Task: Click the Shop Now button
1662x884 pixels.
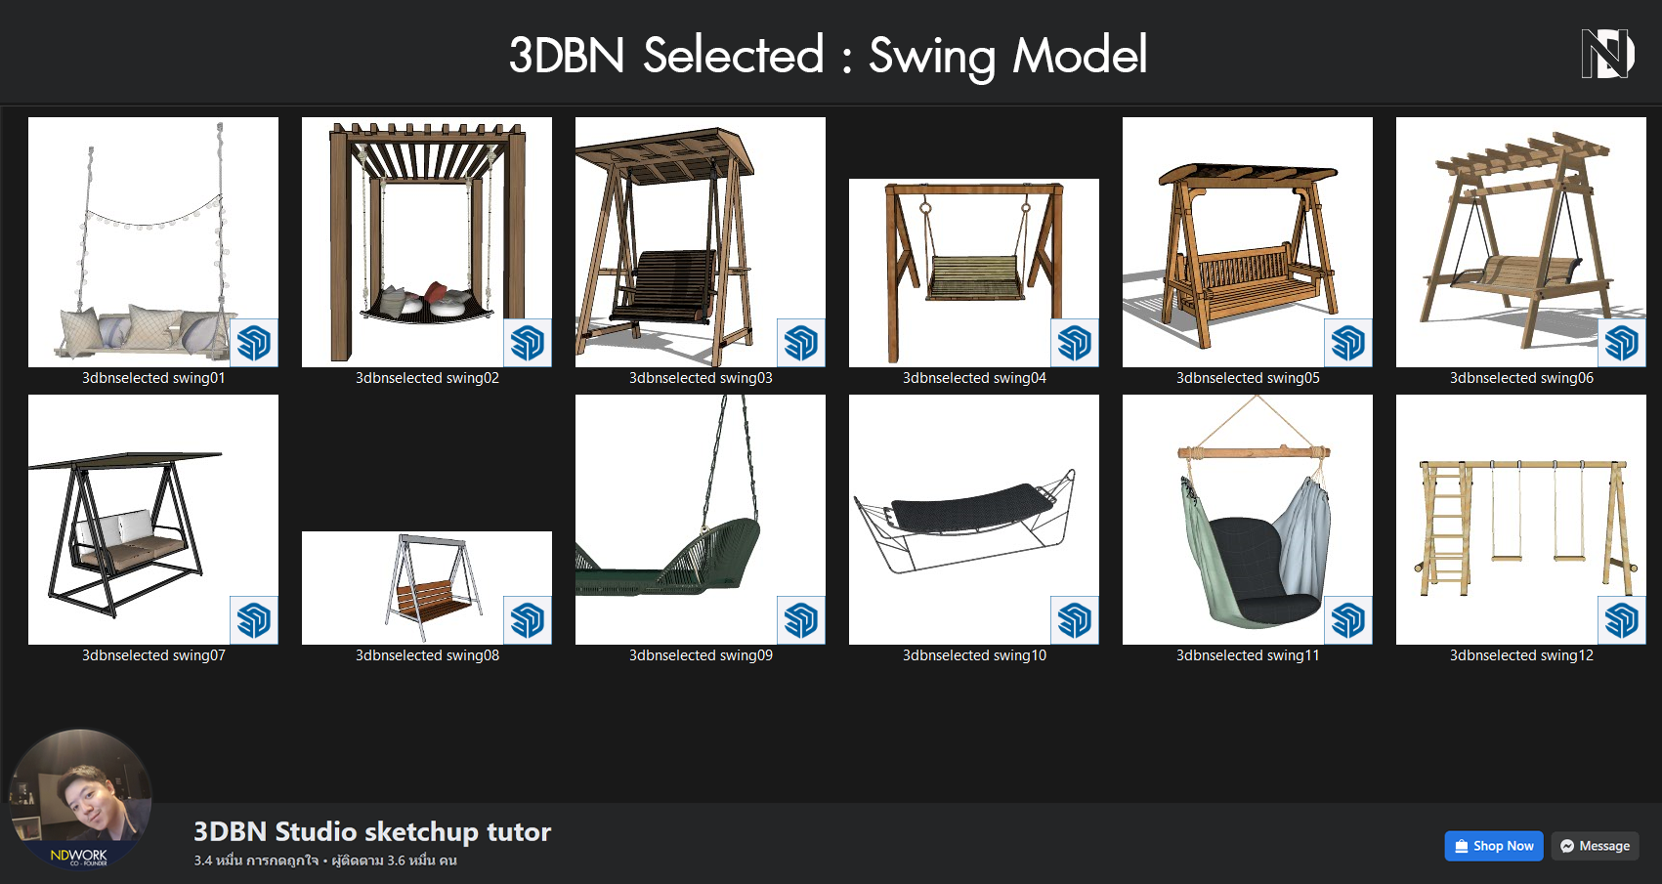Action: (1494, 846)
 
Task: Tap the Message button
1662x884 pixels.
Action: (1595, 846)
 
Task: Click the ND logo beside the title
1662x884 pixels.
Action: (1607, 54)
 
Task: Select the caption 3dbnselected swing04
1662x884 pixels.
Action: (974, 377)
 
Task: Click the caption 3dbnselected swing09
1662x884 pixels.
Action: (701, 654)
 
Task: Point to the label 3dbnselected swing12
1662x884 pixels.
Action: (1521, 654)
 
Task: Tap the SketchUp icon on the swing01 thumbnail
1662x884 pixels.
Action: (254, 343)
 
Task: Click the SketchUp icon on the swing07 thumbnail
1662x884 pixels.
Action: (254, 620)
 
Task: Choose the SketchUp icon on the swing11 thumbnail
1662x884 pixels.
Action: (1348, 620)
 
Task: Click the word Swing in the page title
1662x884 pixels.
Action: (931, 57)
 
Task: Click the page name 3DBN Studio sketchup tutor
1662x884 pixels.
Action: (372, 832)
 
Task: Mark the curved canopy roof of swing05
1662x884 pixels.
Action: (1248, 175)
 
